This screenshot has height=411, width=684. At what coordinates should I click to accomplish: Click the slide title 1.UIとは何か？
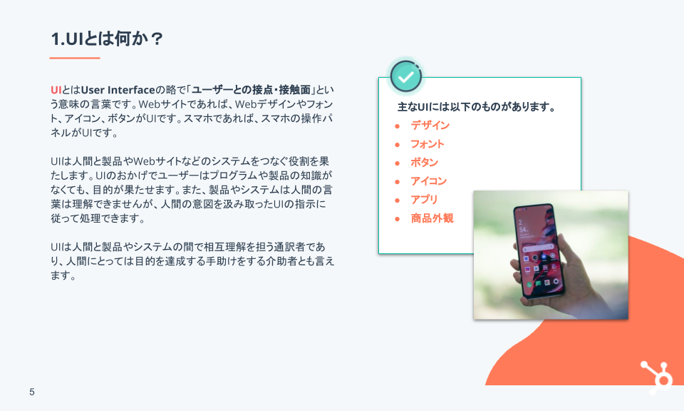coord(107,39)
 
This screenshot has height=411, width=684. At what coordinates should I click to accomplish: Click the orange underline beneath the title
coord(75,58)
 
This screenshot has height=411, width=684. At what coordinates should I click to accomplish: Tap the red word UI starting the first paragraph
coord(56,90)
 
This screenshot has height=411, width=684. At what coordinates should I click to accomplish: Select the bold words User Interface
coord(118,90)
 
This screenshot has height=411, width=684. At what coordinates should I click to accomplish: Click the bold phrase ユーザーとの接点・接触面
coord(251,90)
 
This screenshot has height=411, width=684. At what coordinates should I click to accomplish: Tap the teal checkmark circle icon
coord(405,76)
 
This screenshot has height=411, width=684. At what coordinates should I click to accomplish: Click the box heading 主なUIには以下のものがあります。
coord(476,107)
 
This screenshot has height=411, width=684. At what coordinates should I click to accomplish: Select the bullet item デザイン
coord(430,126)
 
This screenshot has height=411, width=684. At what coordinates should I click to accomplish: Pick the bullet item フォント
coord(427,144)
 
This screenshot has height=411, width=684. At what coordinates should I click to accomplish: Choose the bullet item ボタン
coord(424,163)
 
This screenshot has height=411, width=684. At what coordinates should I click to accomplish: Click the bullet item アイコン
coord(428,181)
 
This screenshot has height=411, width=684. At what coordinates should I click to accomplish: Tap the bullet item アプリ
coord(424,200)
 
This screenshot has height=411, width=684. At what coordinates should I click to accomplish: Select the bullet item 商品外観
coord(432,218)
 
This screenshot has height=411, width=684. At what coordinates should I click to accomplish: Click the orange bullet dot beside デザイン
coord(398,126)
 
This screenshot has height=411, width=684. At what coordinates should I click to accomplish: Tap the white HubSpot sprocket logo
coord(656,377)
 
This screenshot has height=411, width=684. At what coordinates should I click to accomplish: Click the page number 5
coord(32,392)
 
